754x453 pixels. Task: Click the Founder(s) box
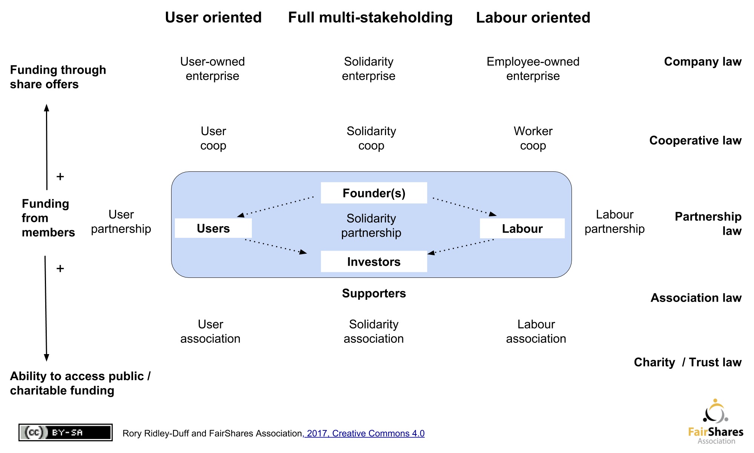coord(374,193)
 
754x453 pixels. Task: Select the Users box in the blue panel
coord(213,228)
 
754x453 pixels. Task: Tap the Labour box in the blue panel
coord(522,228)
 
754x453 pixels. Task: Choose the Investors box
coord(374,262)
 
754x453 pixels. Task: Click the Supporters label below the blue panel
coord(374,293)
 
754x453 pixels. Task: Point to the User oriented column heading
coord(213,17)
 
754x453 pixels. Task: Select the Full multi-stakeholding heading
coord(370,17)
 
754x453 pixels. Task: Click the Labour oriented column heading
coord(533,17)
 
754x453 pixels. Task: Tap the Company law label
coord(703,62)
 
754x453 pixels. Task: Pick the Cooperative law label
coord(695,140)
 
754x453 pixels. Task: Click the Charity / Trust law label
coord(688,362)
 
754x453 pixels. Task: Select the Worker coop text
coord(533,138)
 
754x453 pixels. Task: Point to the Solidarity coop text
coord(371,138)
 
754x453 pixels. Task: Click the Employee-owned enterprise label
coord(533,69)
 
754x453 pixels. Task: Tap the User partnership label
coord(121,222)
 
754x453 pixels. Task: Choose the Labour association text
coord(536,331)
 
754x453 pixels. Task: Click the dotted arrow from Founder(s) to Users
coord(276,206)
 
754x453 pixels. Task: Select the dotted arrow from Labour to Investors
coord(461,247)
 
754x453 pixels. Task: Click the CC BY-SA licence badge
coord(66,432)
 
